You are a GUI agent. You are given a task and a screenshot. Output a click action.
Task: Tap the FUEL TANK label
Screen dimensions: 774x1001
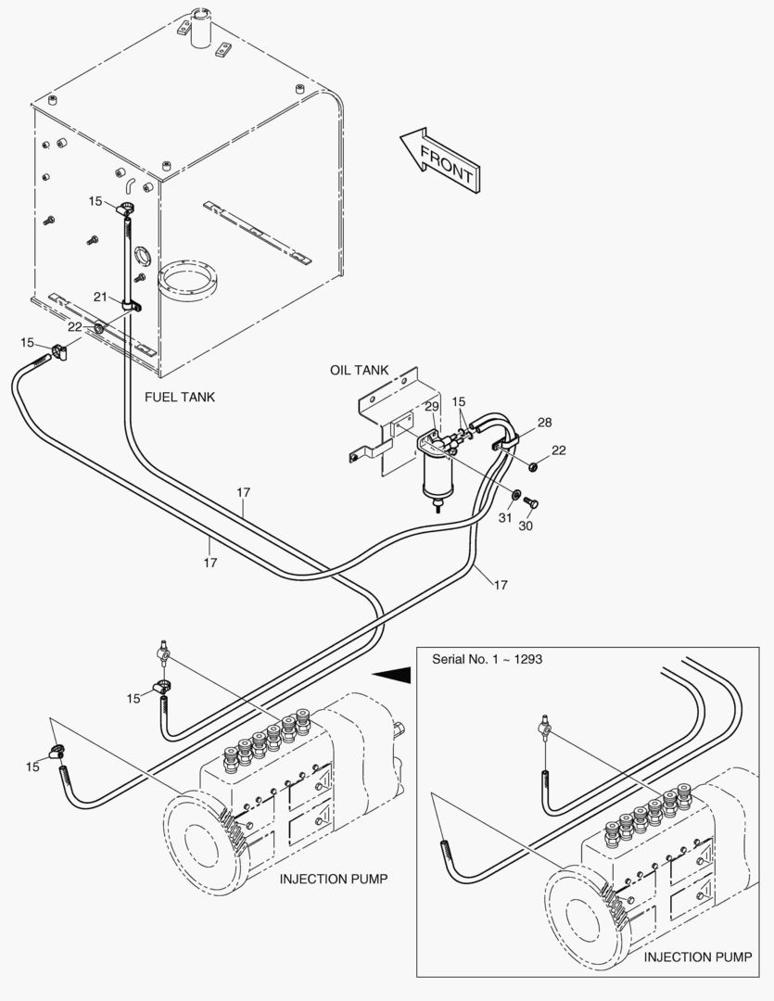pyautogui.click(x=180, y=397)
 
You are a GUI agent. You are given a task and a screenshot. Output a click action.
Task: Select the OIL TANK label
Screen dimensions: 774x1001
pyautogui.click(x=359, y=370)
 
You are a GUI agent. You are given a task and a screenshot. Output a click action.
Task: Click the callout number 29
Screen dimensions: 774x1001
pyautogui.click(x=432, y=407)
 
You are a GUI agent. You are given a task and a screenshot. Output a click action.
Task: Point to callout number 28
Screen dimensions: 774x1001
pyautogui.click(x=544, y=422)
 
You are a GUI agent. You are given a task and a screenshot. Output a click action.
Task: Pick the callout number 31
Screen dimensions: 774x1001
pyautogui.click(x=505, y=518)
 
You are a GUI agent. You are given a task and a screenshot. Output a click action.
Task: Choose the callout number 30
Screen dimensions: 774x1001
pyautogui.click(x=525, y=526)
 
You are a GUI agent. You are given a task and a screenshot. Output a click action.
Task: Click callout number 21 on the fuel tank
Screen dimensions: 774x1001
pyautogui.click(x=100, y=297)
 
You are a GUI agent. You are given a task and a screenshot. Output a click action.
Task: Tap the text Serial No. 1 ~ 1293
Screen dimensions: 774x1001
pyautogui.click(x=488, y=660)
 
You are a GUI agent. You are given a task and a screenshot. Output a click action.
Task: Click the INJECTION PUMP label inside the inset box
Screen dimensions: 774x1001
pyautogui.click(x=697, y=957)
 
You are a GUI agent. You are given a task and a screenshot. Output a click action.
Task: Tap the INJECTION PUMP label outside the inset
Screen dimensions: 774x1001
pyautogui.click(x=334, y=879)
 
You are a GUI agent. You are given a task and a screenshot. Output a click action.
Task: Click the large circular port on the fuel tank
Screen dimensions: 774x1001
pyautogui.click(x=187, y=279)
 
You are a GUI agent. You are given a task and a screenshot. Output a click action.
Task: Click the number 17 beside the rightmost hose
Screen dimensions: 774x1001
pyautogui.click(x=501, y=585)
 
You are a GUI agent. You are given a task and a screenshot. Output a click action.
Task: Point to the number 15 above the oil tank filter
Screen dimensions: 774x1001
pyautogui.click(x=459, y=401)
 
